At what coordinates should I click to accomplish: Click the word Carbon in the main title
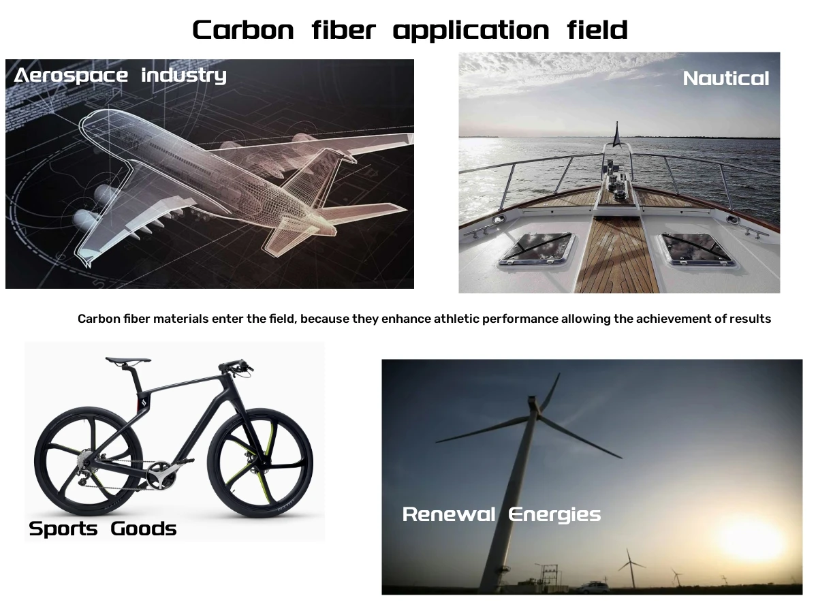[243, 30]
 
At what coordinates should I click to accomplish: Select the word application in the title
[471, 31]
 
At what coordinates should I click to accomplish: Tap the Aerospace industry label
[120, 76]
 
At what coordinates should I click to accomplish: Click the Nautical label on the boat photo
[725, 78]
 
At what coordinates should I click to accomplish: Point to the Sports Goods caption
[102, 529]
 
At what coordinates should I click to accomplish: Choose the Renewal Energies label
[501, 515]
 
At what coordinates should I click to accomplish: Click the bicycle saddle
[128, 360]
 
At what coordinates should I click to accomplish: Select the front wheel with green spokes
[260, 463]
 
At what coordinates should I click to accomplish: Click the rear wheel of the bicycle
[89, 461]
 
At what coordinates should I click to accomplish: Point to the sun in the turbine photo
[751, 542]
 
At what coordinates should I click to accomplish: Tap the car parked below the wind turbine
[593, 587]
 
